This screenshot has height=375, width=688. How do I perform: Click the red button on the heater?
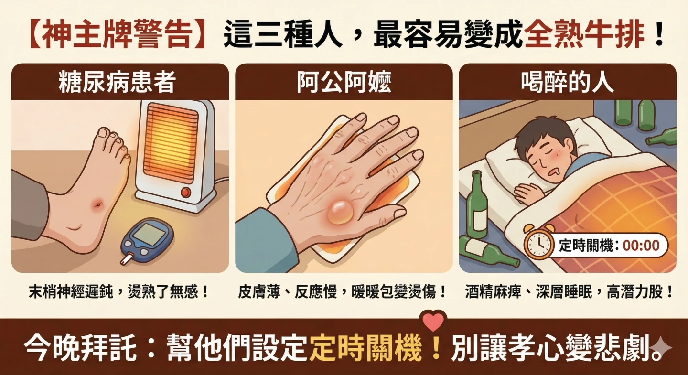click(186, 192)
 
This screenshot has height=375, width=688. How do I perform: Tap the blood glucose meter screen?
click(147, 234)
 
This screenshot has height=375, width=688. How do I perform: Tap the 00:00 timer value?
click(641, 246)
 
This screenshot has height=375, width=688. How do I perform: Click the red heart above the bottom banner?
click(433, 321)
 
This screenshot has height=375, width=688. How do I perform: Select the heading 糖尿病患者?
click(117, 82)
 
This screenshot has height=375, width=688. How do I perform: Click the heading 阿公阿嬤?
click(344, 82)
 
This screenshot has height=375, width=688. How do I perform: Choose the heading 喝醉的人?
click(567, 82)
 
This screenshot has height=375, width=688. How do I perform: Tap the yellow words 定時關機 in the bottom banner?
click(365, 350)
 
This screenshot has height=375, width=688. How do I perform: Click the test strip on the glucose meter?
click(126, 259)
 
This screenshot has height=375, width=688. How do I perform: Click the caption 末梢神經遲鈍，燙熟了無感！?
click(119, 291)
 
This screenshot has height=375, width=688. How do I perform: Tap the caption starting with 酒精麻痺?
click(569, 291)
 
